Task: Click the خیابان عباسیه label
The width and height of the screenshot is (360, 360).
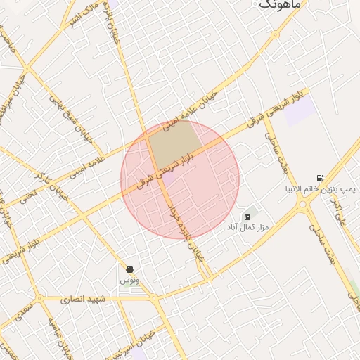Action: pos(61,336)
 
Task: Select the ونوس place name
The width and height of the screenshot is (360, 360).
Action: pos(129,281)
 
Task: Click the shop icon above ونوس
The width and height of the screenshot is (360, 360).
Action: pos(129,269)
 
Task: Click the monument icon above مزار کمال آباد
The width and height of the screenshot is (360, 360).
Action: pos(247,215)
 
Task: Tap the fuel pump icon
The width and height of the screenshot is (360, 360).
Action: pos(321,178)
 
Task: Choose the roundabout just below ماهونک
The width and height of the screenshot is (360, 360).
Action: pos(276,33)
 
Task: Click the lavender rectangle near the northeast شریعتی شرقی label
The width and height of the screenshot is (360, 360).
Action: pos(300,111)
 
